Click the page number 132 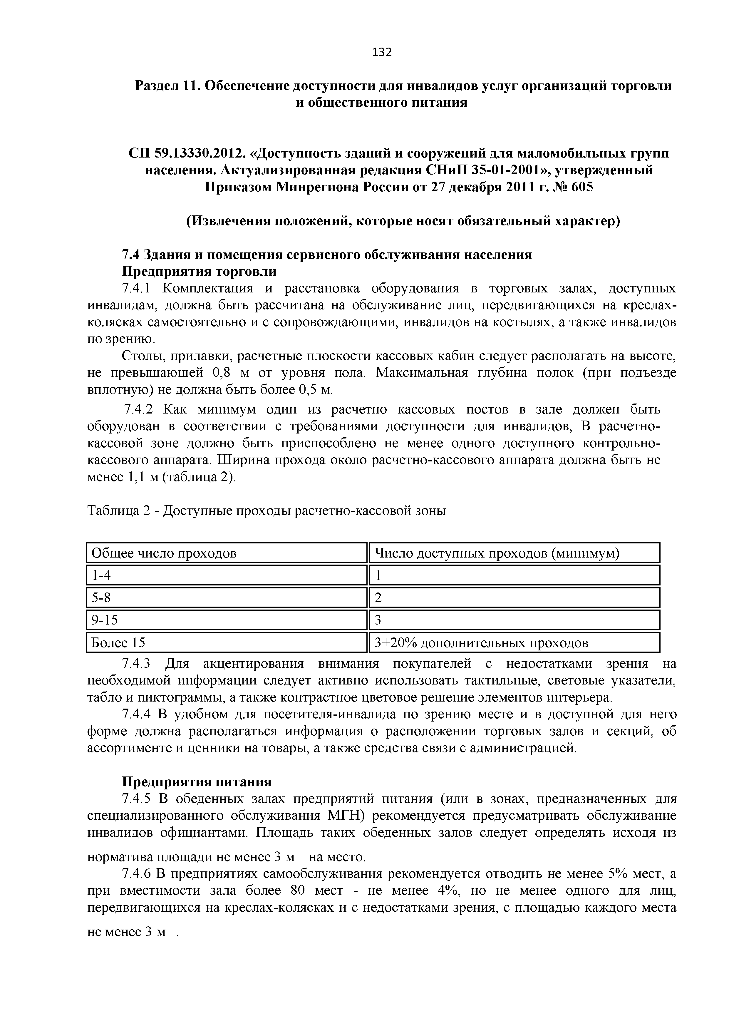(382, 53)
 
